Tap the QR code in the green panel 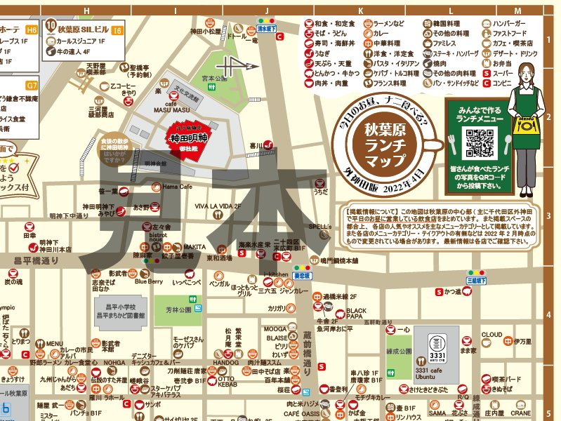tap(481, 143)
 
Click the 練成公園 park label tap(397, 345)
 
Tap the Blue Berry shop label tap(148, 281)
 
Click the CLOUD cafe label tap(491, 335)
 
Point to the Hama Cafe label tap(177, 187)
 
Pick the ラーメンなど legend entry tap(383, 23)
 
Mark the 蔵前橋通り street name tap(307, 355)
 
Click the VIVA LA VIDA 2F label tap(218, 206)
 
